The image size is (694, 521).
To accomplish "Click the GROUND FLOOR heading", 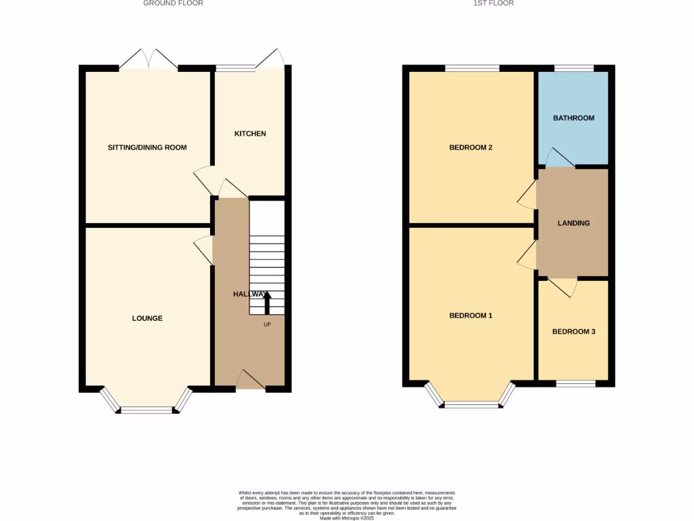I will click(173, 3).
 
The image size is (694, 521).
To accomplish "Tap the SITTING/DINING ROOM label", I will click(147, 147).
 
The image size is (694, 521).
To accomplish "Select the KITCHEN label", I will click(250, 134).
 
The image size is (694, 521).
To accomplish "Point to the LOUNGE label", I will click(147, 318).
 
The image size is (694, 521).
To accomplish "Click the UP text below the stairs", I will click(267, 324).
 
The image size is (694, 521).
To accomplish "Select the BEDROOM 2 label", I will click(471, 147).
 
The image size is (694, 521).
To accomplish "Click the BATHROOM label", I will click(573, 118).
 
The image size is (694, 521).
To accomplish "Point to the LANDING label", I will click(573, 223).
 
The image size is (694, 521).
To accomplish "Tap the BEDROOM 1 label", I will click(471, 315).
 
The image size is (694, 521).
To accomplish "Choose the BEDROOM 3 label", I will click(573, 332).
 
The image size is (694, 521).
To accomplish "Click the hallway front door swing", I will click(251, 380).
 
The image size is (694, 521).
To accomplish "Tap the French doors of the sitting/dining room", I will click(149, 60).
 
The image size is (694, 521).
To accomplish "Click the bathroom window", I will click(574, 68).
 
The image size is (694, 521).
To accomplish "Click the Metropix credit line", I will click(347, 518).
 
